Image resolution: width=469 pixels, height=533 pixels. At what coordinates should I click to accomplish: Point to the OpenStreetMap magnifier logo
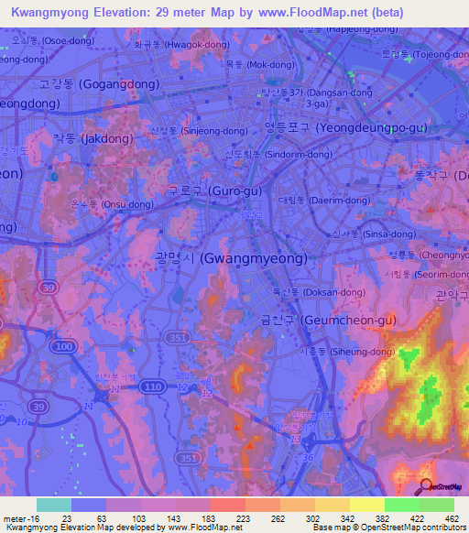(427, 485)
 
